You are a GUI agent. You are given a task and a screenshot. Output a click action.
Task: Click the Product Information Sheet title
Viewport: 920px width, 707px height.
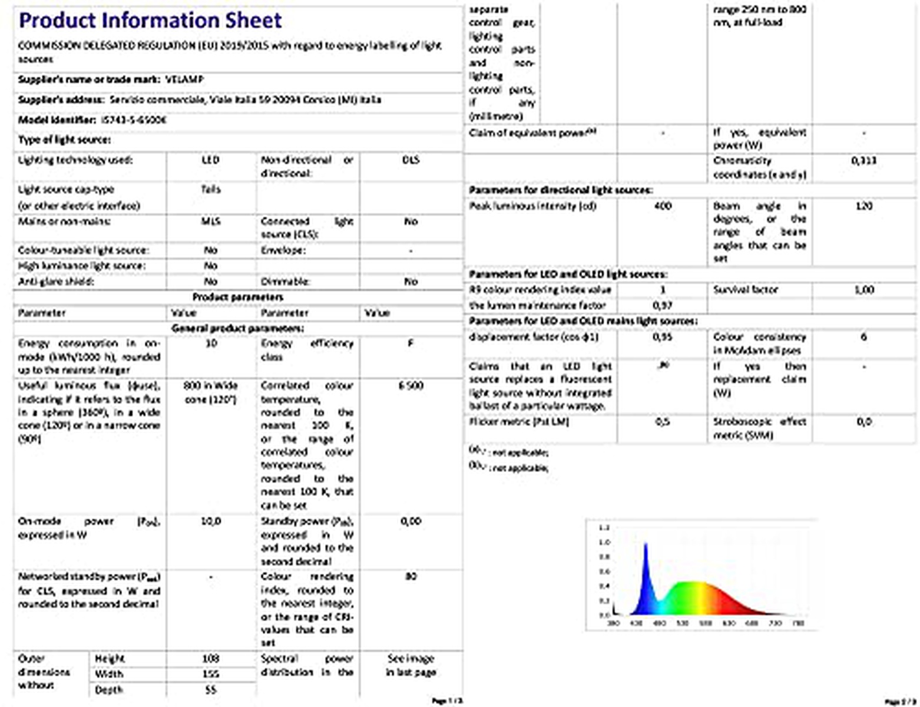[x=150, y=21]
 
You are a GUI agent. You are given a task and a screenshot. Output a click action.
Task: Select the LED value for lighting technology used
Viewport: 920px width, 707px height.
[x=210, y=160]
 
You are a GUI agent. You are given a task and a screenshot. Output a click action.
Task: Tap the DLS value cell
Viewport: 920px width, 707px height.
[x=411, y=160]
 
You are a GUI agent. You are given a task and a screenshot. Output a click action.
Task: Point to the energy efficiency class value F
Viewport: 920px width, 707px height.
[x=411, y=343]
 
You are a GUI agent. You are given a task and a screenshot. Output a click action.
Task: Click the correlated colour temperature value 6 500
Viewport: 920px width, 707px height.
[x=411, y=385]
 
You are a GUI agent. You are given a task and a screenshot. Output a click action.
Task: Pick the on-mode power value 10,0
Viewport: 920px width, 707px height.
[x=211, y=521]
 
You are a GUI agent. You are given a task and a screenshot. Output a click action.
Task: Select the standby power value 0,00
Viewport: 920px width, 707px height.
[x=411, y=521]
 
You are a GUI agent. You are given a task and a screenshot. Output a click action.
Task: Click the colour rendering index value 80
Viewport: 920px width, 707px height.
[x=411, y=576]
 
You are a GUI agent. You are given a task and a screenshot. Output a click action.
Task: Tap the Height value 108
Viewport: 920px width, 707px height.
[x=210, y=658]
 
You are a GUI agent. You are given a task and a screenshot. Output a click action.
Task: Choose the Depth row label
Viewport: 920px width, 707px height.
[x=109, y=689]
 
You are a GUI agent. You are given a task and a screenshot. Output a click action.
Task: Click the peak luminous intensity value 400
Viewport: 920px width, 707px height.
[x=663, y=206]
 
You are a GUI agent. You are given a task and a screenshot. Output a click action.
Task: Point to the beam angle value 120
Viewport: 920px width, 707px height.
[x=863, y=206]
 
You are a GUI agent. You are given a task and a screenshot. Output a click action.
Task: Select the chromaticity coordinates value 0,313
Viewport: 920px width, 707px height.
[x=863, y=160]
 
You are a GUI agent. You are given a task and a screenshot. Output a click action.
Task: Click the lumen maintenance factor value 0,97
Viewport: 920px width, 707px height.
[x=663, y=305]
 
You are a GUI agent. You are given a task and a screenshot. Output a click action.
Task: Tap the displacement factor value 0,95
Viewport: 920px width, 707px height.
[x=663, y=337]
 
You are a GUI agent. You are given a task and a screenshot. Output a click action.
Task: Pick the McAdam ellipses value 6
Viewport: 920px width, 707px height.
[x=863, y=337]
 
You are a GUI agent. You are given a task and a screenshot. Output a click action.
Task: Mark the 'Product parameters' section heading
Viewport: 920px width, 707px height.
[x=238, y=297]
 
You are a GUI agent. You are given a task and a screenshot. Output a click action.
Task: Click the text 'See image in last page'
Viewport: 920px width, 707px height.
[x=411, y=665]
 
